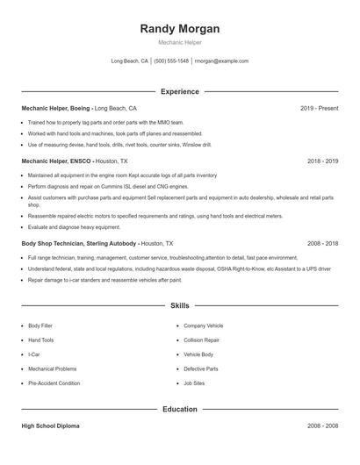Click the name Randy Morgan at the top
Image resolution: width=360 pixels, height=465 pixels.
coord(179,28)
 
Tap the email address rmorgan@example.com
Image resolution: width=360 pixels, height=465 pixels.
coord(221,61)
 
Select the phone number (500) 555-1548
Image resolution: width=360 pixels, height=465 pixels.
coord(171,61)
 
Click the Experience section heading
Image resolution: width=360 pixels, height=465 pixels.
coord(179,91)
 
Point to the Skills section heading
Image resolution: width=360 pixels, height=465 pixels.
coord(179,305)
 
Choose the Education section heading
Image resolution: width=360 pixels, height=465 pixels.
coord(179,409)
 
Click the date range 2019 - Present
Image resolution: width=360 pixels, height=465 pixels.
coord(319,108)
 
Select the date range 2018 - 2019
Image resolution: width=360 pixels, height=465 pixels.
coord(322,161)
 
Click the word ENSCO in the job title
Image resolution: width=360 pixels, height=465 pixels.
coord(80,161)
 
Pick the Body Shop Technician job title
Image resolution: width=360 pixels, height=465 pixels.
coord(56,242)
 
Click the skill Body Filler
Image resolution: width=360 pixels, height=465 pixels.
coord(40,325)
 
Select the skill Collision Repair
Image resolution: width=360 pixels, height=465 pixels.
coord(201,340)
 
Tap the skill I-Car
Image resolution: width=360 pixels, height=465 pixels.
coord(35,354)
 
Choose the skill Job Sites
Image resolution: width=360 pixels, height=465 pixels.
coord(194,383)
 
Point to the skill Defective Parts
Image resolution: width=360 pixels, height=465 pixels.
coord(200,368)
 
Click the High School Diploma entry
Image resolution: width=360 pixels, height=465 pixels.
coord(50,426)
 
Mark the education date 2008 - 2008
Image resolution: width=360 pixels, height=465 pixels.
coord(322,426)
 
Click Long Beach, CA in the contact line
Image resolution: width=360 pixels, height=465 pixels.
coord(130,61)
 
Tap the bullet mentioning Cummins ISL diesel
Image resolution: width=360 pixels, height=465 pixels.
coord(108,187)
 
